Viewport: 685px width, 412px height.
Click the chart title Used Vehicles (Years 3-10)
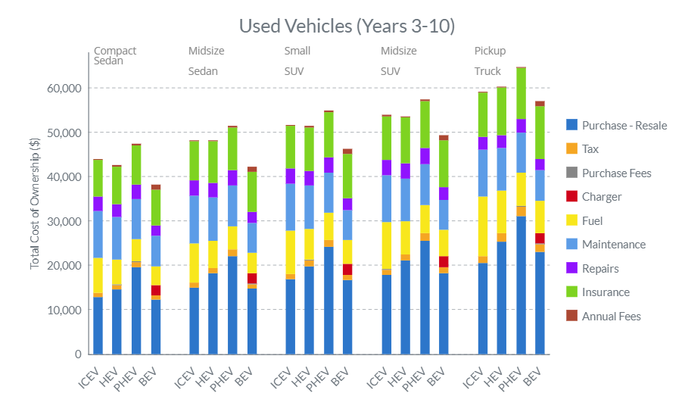coord(347,26)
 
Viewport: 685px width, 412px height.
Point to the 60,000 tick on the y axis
coord(63,88)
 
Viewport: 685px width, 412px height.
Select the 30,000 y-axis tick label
coord(63,221)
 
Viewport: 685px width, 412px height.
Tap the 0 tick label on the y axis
coord(77,354)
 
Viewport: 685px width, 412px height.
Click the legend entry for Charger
coord(602,197)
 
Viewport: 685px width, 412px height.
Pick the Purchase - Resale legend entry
coord(624,125)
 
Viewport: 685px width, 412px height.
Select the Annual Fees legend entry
coord(611,317)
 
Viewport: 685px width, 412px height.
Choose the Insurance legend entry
coord(606,292)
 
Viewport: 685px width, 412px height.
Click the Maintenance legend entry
coord(614,245)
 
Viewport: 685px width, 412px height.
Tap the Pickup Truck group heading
coord(490,61)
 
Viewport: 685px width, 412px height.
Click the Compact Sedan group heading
coord(115,56)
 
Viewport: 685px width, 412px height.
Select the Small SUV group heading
coord(297,61)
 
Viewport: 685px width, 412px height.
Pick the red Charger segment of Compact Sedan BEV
coord(155,290)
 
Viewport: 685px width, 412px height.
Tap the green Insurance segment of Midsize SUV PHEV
coord(425,124)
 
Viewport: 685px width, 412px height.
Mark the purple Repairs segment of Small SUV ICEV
coord(290,176)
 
